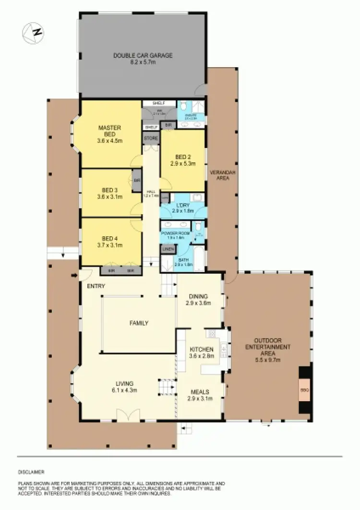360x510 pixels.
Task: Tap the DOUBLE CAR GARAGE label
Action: click(x=143, y=56)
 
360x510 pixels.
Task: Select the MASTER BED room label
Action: click(x=109, y=131)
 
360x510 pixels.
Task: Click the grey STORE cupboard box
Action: click(x=151, y=138)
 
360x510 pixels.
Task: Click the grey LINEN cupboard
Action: click(x=168, y=249)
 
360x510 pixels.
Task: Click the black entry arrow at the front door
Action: click(x=73, y=276)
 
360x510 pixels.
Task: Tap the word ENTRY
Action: click(x=96, y=286)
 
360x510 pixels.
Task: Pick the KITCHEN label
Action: click(x=198, y=350)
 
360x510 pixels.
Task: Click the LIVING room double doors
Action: click(x=128, y=415)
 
